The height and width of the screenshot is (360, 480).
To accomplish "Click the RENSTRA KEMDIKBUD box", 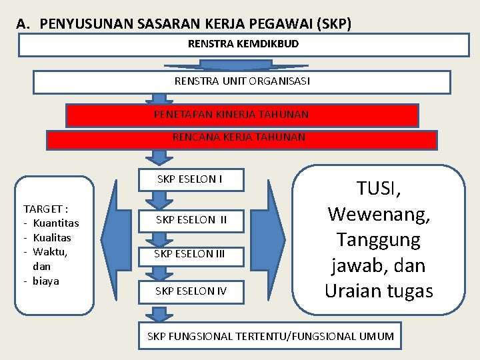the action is [243, 45].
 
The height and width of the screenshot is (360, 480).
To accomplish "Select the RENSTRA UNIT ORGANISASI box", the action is [242, 82].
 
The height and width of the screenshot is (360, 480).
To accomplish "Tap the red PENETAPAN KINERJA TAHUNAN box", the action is [242, 115].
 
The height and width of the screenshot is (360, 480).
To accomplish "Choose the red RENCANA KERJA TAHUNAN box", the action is [241, 139].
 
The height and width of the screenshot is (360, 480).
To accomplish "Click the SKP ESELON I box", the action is [190, 179].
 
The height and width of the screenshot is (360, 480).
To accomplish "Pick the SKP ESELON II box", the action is [191, 219].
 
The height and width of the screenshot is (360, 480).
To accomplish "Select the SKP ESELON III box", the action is [189, 253].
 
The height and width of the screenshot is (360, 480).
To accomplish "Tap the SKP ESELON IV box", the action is [191, 291].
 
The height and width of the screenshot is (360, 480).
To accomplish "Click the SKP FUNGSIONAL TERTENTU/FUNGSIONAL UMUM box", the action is [270, 336].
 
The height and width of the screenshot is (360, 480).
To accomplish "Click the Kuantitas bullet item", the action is [55, 223].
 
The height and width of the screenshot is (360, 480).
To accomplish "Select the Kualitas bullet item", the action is [51, 237].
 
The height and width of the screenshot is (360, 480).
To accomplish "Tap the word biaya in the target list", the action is [45, 281].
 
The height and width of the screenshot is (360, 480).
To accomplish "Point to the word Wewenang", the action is [379, 214].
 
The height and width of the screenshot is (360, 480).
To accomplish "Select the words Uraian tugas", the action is [379, 291].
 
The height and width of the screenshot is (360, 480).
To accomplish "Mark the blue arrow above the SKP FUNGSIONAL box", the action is [159, 314].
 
